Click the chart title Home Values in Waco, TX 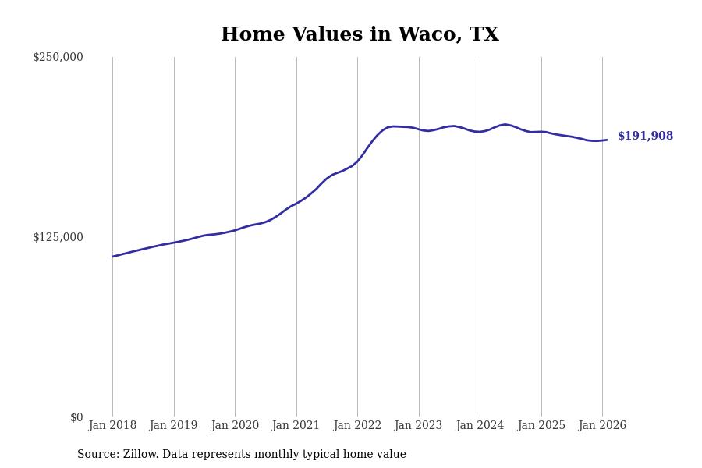pyautogui.click(x=360, y=35)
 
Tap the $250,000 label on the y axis pyautogui.click(x=58, y=57)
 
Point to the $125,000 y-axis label pyautogui.click(x=58, y=237)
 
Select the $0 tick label pyautogui.click(x=76, y=417)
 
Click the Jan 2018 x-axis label pyautogui.click(x=112, y=426)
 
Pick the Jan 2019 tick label pyautogui.click(x=174, y=426)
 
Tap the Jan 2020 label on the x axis pyautogui.click(x=235, y=426)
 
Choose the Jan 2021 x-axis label pyautogui.click(x=296, y=426)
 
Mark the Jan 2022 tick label pyautogui.click(x=357, y=426)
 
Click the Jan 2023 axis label pyautogui.click(x=419, y=426)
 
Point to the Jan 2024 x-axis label pyautogui.click(x=480, y=426)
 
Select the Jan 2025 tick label pyautogui.click(x=541, y=426)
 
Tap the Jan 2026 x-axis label pyautogui.click(x=602, y=426)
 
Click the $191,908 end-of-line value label pyautogui.click(x=645, y=136)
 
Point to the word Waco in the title pyautogui.click(x=433, y=35)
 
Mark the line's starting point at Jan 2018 pyautogui.click(x=112, y=257)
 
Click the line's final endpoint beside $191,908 pyautogui.click(x=607, y=140)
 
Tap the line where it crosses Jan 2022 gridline pyautogui.click(x=357, y=161)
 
